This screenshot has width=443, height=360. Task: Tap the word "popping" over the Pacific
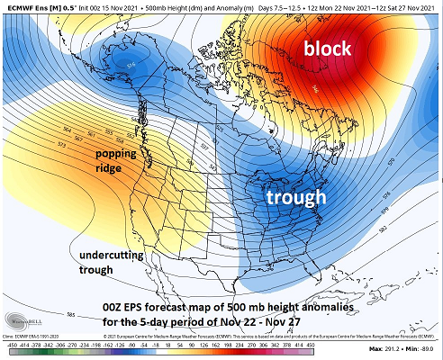pos(122,154)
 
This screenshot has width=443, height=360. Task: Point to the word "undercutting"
pos(110,256)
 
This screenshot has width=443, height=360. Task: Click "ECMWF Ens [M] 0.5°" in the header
pos(34,6)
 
